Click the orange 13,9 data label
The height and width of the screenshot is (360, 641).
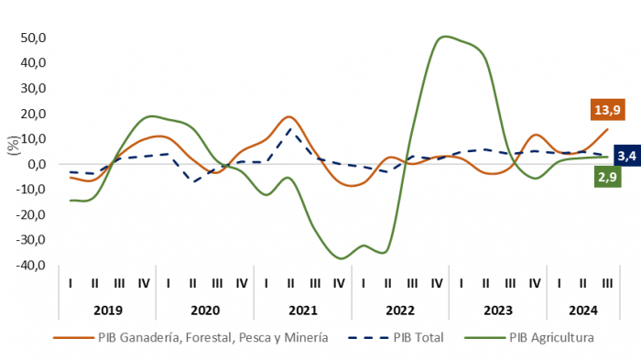tap(607, 110)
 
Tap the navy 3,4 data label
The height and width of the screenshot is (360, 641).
tap(627, 156)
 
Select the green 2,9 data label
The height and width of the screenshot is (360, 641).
tap(607, 177)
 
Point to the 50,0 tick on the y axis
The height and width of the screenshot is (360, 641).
tap(34, 38)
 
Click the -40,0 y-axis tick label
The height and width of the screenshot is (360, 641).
tap(31, 265)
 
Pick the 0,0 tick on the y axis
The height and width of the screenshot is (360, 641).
tap(37, 164)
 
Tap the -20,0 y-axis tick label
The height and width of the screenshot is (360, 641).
tap(31, 214)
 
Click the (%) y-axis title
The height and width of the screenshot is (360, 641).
tap(14, 146)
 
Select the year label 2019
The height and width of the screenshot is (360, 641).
tap(108, 311)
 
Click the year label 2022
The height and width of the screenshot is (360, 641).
tap(400, 311)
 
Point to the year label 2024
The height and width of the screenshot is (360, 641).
tap(583, 311)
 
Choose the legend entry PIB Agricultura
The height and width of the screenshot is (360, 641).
tap(529, 337)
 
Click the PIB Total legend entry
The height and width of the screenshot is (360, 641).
tap(396, 337)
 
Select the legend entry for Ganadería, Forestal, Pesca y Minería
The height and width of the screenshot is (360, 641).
tap(190, 337)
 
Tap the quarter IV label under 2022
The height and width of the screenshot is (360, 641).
tap(437, 283)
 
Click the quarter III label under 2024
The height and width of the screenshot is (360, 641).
tap(607, 283)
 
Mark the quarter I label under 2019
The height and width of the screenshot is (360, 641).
tap(71, 283)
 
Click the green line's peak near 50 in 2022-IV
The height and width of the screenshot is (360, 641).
tap(445, 37)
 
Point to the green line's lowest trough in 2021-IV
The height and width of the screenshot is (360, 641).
tap(341, 258)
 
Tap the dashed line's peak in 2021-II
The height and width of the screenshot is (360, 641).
tap(290, 129)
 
